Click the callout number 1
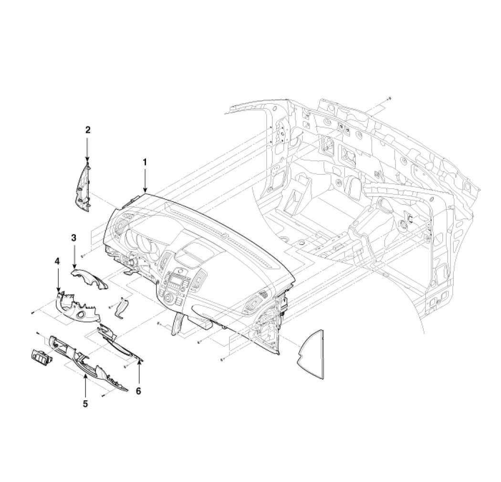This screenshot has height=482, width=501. [x=145, y=162]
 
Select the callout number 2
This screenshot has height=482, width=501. [x=87, y=130]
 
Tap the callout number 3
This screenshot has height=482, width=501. [x=74, y=238]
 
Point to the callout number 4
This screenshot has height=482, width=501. [x=57, y=261]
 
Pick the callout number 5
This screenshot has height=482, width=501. [x=85, y=404]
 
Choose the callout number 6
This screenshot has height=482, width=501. [x=138, y=391]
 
